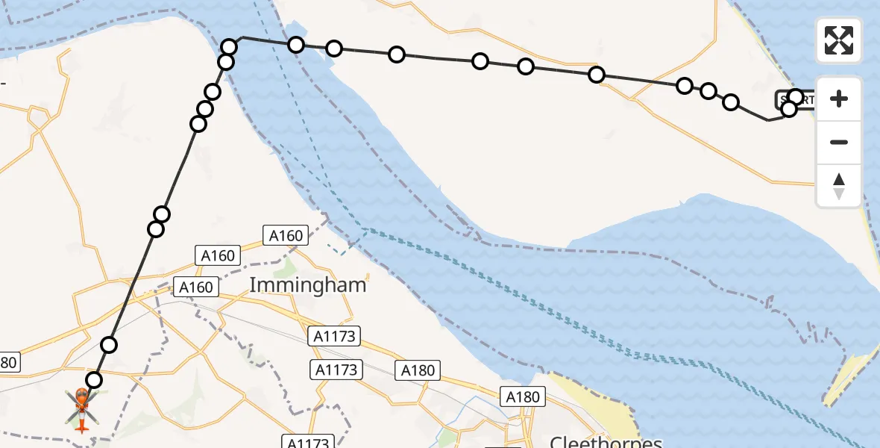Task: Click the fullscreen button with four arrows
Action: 839,40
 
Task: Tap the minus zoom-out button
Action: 839,142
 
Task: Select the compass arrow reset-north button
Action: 839,185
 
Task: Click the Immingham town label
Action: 308,284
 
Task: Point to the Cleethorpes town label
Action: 606,441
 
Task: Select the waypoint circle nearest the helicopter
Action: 93,380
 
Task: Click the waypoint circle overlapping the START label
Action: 796,97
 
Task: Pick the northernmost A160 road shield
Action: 286,236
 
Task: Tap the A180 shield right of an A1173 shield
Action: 418,370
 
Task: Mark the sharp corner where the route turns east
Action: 242,37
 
